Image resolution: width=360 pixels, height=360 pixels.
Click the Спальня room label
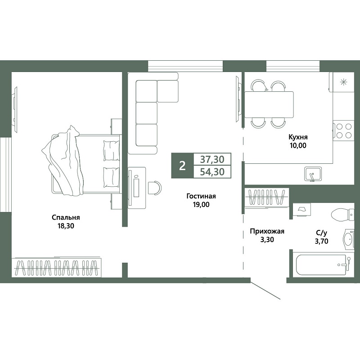[66, 217]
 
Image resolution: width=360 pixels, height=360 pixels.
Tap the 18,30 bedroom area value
[66, 226]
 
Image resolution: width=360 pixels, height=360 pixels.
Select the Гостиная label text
[201, 196]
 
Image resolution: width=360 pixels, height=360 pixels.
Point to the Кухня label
[298, 137]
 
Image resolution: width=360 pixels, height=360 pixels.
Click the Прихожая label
[267, 231]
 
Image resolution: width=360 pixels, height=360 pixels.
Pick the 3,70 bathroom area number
[321, 241]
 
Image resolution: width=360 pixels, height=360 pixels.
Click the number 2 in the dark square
[182, 166]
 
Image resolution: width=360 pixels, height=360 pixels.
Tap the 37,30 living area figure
[212, 159]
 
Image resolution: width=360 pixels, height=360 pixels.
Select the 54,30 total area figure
[212, 172]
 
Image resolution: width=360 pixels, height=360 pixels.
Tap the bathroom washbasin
[348, 239]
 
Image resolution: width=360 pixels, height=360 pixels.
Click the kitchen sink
[313, 174]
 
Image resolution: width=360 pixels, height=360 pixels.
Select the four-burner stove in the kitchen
[343, 131]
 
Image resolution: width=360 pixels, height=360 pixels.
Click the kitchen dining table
[269, 104]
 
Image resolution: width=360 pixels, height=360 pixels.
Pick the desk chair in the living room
[154, 188]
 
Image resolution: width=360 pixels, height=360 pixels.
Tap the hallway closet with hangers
[266, 197]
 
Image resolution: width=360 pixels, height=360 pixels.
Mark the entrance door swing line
[265, 290]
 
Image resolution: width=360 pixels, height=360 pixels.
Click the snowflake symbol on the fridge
[343, 82]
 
